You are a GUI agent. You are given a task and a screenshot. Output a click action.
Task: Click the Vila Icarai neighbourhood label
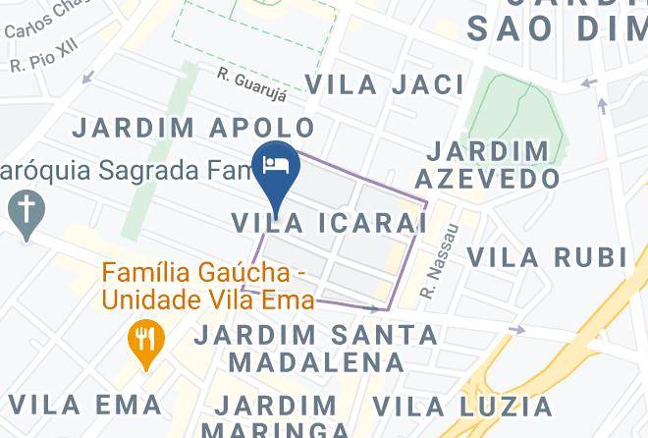329,223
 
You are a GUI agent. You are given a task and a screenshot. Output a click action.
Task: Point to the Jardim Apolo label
194,128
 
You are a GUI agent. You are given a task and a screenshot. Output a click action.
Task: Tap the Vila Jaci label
385,84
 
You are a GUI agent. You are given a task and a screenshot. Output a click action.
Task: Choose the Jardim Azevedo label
487,164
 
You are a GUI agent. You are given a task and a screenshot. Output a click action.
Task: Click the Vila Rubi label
546,257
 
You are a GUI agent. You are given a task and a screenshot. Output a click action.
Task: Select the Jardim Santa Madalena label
316,348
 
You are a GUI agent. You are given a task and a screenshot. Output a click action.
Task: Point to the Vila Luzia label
462,406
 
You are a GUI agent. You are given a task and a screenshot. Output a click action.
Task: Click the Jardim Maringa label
275,416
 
